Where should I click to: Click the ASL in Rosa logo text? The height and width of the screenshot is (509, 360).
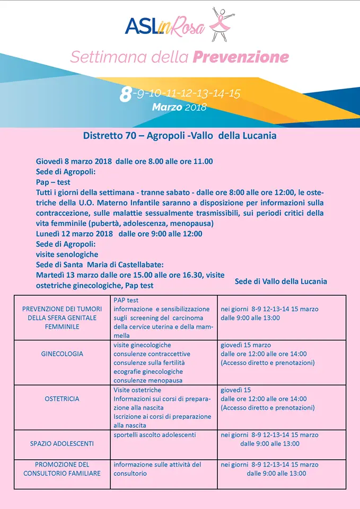coord(164,27)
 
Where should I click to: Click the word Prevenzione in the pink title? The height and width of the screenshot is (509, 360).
coord(241,57)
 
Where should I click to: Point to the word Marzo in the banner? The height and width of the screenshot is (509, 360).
coord(167,107)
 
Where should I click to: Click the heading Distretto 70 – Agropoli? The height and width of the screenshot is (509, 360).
coord(180,136)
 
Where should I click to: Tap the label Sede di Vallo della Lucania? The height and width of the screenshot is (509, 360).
coord(280,281)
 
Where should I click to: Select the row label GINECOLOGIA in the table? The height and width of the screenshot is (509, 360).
coord(62,354)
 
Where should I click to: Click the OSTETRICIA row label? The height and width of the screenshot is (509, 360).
coord(62,399)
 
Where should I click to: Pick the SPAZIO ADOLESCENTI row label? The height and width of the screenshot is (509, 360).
coord(62,443)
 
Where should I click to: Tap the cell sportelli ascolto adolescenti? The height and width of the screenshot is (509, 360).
coord(154,435)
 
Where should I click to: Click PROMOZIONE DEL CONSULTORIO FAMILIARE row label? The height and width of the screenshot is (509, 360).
coord(62,469)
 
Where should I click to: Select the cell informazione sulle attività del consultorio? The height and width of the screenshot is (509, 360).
coord(157,469)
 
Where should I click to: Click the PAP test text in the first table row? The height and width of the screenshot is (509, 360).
coord(126,300)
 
